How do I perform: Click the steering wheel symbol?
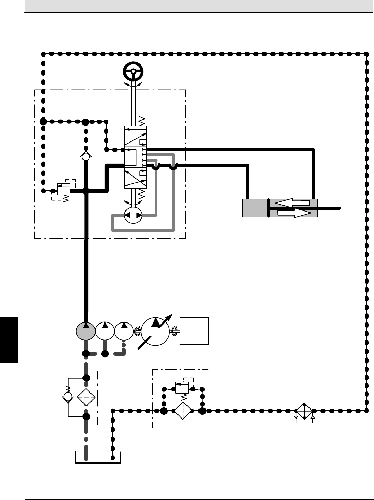133,72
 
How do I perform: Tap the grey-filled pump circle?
85,331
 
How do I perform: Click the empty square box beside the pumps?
194,331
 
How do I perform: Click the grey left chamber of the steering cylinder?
255,208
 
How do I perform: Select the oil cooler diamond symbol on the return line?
304,411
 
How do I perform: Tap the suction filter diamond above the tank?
86,397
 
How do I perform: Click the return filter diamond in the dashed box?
183,411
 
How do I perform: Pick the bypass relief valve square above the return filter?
182,387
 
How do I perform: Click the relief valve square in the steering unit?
64,189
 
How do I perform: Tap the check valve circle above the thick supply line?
86,157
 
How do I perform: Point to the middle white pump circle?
105,331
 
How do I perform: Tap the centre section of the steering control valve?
135,158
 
